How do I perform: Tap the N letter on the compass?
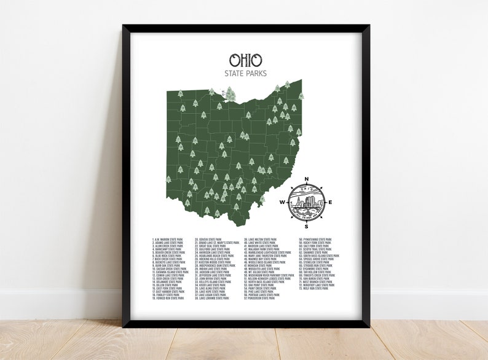point(307,179)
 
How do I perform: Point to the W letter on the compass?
point(282,202)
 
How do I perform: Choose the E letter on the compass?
point(331,202)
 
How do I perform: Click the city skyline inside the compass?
point(306,202)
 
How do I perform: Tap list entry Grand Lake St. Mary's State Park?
point(218,243)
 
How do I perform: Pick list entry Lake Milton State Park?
point(261,240)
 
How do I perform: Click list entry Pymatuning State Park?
point(315,240)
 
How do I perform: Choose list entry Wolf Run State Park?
point(314,288)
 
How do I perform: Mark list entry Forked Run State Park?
point(168,298)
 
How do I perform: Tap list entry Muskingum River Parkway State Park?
point(269,275)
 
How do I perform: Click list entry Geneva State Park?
point(208,240)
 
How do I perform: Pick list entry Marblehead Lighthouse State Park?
point(268,252)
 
